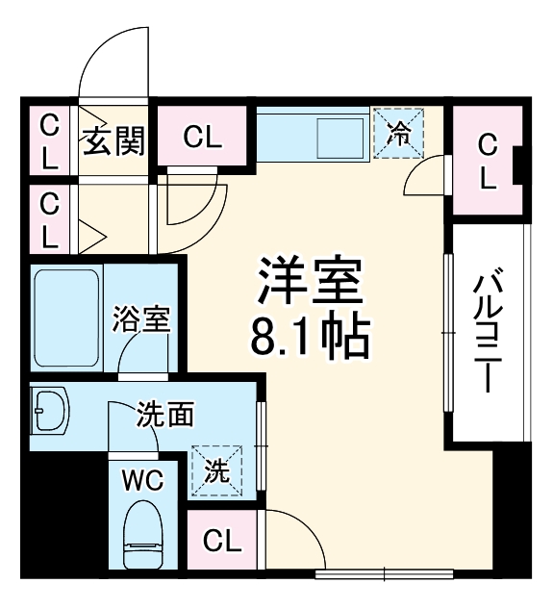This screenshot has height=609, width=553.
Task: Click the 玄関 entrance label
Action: [113, 142]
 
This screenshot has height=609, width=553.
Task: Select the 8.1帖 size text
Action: [309, 338]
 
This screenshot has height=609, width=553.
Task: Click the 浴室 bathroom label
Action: [141, 318]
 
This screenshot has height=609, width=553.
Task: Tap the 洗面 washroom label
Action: [164, 416]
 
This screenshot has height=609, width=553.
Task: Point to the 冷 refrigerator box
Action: [397, 133]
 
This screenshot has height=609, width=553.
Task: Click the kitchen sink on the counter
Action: [339, 135]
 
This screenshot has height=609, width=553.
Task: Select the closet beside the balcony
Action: [488, 162]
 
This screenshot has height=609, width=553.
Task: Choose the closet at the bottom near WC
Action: [222, 541]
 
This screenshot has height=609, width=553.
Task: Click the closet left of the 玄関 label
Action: [49, 142]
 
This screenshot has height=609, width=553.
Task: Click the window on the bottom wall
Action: [385, 574]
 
